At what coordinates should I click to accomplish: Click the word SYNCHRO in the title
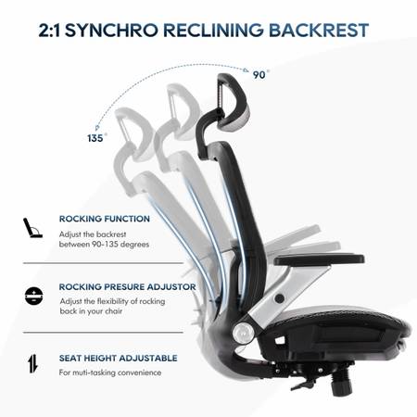[111, 31]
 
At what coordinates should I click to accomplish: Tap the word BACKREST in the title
[319, 31]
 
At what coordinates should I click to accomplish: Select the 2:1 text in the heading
[49, 31]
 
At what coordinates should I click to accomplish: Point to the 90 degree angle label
[260, 75]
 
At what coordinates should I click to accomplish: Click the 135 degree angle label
[96, 138]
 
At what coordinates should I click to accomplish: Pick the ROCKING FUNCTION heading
[105, 219]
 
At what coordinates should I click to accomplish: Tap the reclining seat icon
[32, 228]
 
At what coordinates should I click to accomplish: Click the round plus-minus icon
[33, 297]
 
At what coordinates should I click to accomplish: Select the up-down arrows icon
[32, 363]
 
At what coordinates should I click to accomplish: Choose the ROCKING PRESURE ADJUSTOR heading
[128, 287]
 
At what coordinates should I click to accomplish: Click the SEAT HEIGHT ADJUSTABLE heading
[119, 358]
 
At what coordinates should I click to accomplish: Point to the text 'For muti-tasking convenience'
[110, 373]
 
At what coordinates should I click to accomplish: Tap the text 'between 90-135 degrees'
[104, 245]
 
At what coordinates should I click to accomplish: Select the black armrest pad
[319, 259]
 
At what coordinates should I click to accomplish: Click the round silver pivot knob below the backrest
[244, 334]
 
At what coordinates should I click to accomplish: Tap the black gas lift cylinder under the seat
[342, 383]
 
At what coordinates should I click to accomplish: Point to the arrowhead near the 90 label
[246, 70]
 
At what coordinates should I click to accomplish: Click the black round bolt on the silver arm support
[280, 298]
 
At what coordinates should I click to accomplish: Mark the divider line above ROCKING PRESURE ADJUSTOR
[103, 263]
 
